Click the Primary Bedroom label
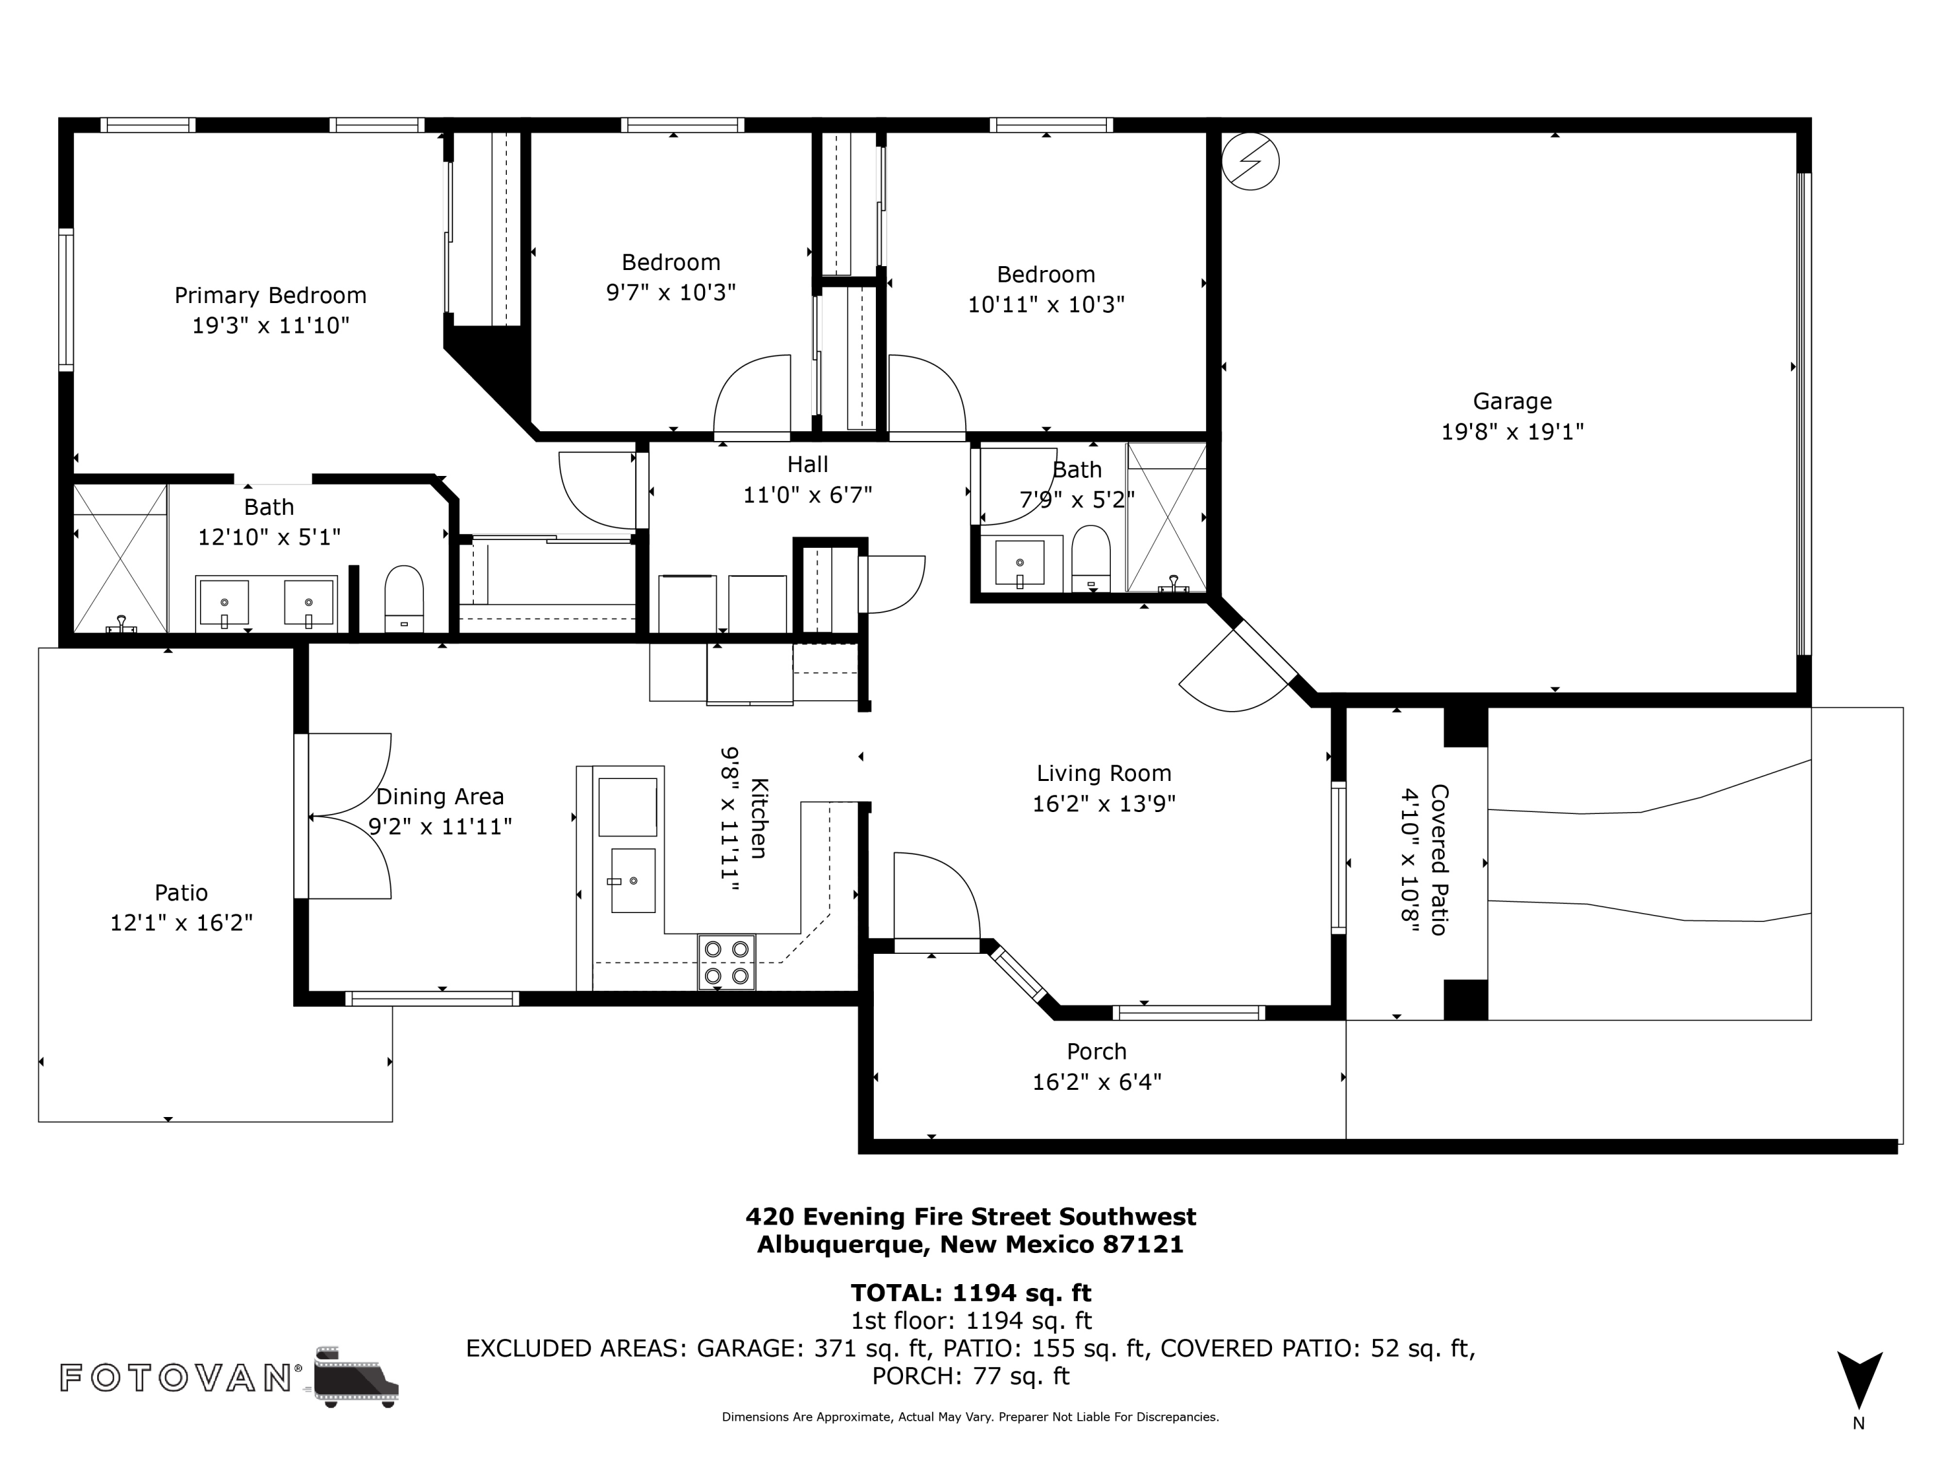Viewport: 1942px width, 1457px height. coord(271,295)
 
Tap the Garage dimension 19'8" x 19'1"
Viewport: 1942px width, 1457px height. coord(1512,431)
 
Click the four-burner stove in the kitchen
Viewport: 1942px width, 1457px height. coord(726,962)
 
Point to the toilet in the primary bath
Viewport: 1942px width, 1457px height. coord(404,599)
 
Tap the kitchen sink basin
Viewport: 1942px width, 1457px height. coord(633,880)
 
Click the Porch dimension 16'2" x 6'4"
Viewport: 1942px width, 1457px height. coord(1097,1081)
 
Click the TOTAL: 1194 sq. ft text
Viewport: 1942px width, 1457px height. coord(970,1292)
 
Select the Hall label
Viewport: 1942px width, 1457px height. coord(807,464)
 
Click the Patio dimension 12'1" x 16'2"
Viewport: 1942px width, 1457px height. coord(181,922)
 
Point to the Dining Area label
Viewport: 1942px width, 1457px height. coord(440,796)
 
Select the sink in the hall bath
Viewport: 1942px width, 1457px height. coord(1020,563)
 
